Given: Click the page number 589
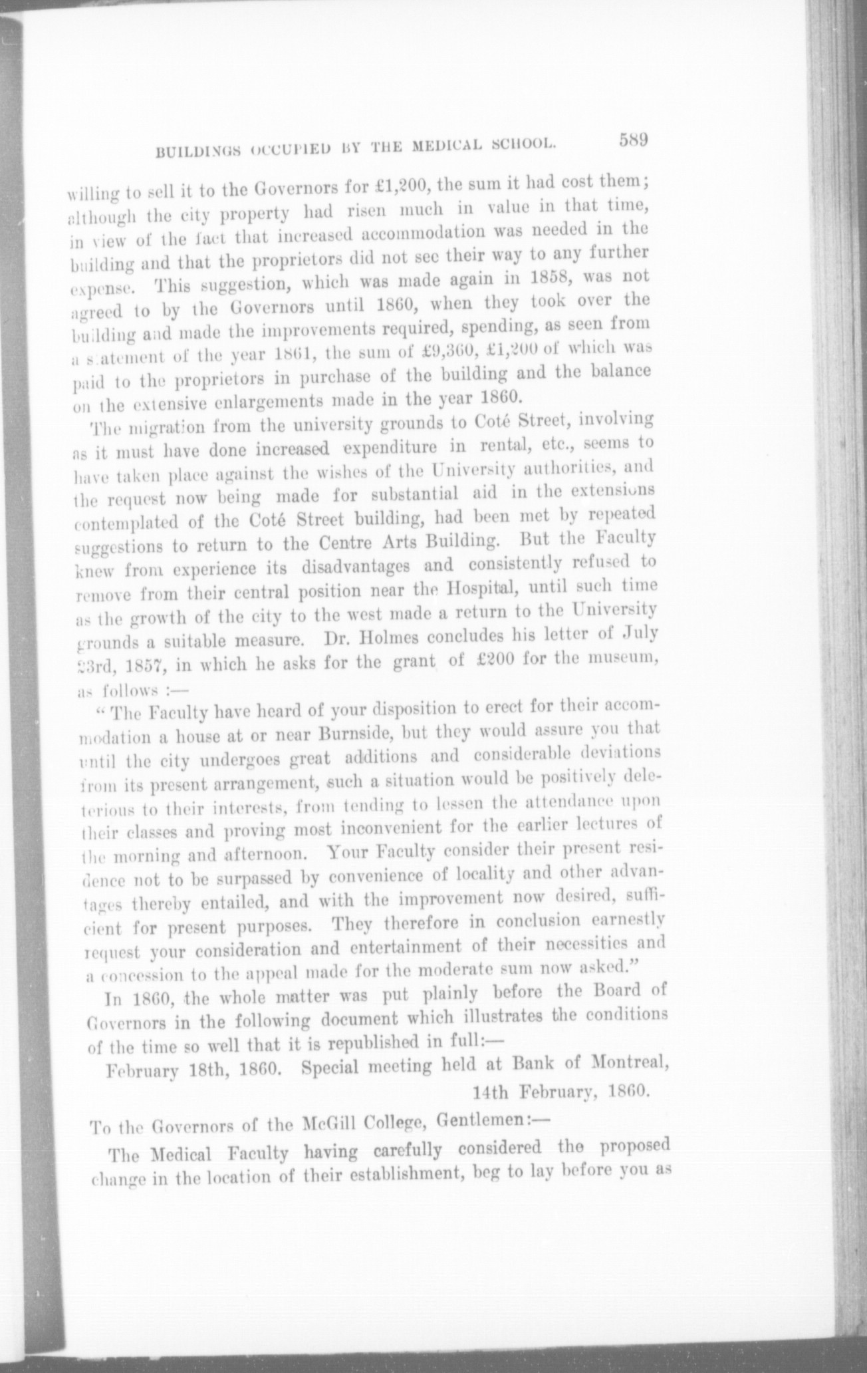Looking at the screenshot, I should tap(633, 140).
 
